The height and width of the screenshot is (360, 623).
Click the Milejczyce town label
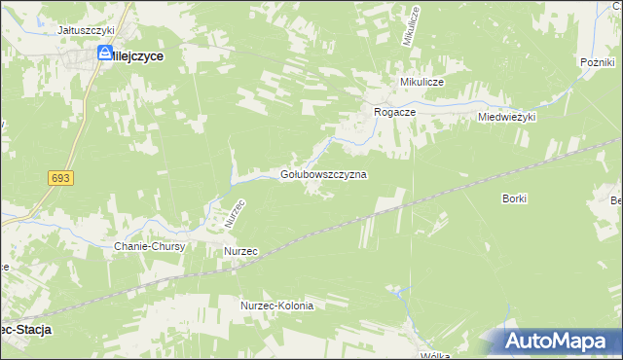(135, 57)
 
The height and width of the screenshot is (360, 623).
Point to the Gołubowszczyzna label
(323, 174)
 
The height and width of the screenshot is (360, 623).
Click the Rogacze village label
(396, 113)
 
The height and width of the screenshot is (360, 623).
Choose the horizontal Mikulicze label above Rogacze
(416, 83)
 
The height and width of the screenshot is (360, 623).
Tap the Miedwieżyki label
(507, 117)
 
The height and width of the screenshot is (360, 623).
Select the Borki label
(514, 198)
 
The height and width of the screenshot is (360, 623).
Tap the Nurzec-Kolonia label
(277, 306)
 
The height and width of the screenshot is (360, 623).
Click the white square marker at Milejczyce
(104, 55)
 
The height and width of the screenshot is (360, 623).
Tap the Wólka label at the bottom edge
(434, 355)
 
